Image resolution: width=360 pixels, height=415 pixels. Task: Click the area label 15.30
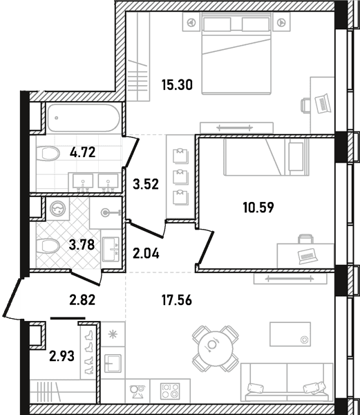click(x=177, y=85)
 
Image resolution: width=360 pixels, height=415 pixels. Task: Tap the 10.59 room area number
click(x=258, y=207)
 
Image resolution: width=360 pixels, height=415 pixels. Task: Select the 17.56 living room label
click(x=177, y=300)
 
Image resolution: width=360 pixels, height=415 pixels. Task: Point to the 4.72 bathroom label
click(x=83, y=152)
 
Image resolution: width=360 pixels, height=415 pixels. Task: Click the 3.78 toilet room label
click(x=82, y=245)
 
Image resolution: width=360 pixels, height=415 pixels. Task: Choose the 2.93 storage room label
click(x=62, y=356)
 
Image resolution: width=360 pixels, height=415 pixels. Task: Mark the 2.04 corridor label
click(x=146, y=254)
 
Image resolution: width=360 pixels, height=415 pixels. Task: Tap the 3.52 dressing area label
click(x=146, y=184)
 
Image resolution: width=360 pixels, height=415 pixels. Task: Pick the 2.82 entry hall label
click(x=82, y=300)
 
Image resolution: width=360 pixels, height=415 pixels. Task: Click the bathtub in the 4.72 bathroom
click(x=84, y=118)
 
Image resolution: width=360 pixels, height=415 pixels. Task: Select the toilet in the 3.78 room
click(x=48, y=246)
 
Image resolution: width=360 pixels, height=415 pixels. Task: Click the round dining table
click(x=212, y=344)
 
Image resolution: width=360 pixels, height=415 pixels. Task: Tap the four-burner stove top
click(x=170, y=391)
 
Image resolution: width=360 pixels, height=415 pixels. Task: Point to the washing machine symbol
click(x=57, y=208)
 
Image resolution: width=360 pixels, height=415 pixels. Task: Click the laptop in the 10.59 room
click(x=307, y=256)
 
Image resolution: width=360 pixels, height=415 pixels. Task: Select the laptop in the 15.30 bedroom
click(x=322, y=104)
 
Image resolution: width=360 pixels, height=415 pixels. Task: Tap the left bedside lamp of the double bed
click(x=190, y=23)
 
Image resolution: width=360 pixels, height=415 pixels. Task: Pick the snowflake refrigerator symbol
click(x=113, y=335)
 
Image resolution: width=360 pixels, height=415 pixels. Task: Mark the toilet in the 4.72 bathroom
click(x=48, y=154)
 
